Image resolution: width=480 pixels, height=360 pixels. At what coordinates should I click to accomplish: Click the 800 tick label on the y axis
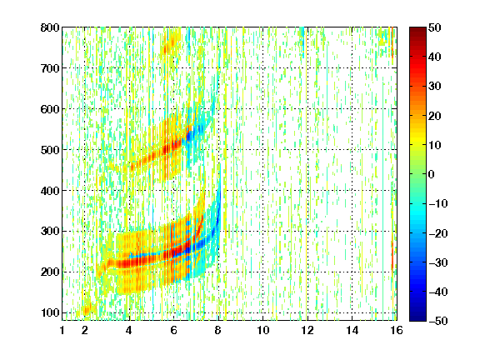click(50, 27)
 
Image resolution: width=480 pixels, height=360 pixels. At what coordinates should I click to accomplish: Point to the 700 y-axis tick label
click(50, 68)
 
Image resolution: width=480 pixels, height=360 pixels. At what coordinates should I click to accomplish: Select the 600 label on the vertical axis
click(50, 109)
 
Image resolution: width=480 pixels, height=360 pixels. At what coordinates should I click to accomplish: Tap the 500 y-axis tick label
click(50, 150)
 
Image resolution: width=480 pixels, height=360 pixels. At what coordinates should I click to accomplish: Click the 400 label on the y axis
click(50, 191)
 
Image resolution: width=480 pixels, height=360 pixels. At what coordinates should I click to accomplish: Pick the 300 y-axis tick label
click(50, 232)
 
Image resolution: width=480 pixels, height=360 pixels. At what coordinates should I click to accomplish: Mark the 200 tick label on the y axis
click(50, 272)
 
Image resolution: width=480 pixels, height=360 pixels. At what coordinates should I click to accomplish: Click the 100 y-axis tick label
click(50, 312)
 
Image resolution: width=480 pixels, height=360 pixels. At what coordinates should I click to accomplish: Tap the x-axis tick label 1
click(62, 331)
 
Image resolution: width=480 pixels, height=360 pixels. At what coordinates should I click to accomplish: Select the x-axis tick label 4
click(129, 331)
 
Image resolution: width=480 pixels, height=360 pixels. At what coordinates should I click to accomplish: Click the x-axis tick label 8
click(217, 331)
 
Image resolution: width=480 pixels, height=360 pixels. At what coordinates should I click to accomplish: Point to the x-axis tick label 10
click(262, 331)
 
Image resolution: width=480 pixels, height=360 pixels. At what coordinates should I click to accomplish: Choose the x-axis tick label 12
click(307, 331)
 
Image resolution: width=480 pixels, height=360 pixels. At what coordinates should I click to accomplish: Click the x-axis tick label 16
click(397, 331)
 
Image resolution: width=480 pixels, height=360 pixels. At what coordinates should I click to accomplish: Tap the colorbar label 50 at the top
click(435, 27)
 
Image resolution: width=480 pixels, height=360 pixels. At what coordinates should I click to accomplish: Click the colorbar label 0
click(432, 174)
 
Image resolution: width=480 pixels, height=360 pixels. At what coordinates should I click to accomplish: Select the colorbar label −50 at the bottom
click(438, 321)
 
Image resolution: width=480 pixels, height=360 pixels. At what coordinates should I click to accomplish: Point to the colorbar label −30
click(438, 262)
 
